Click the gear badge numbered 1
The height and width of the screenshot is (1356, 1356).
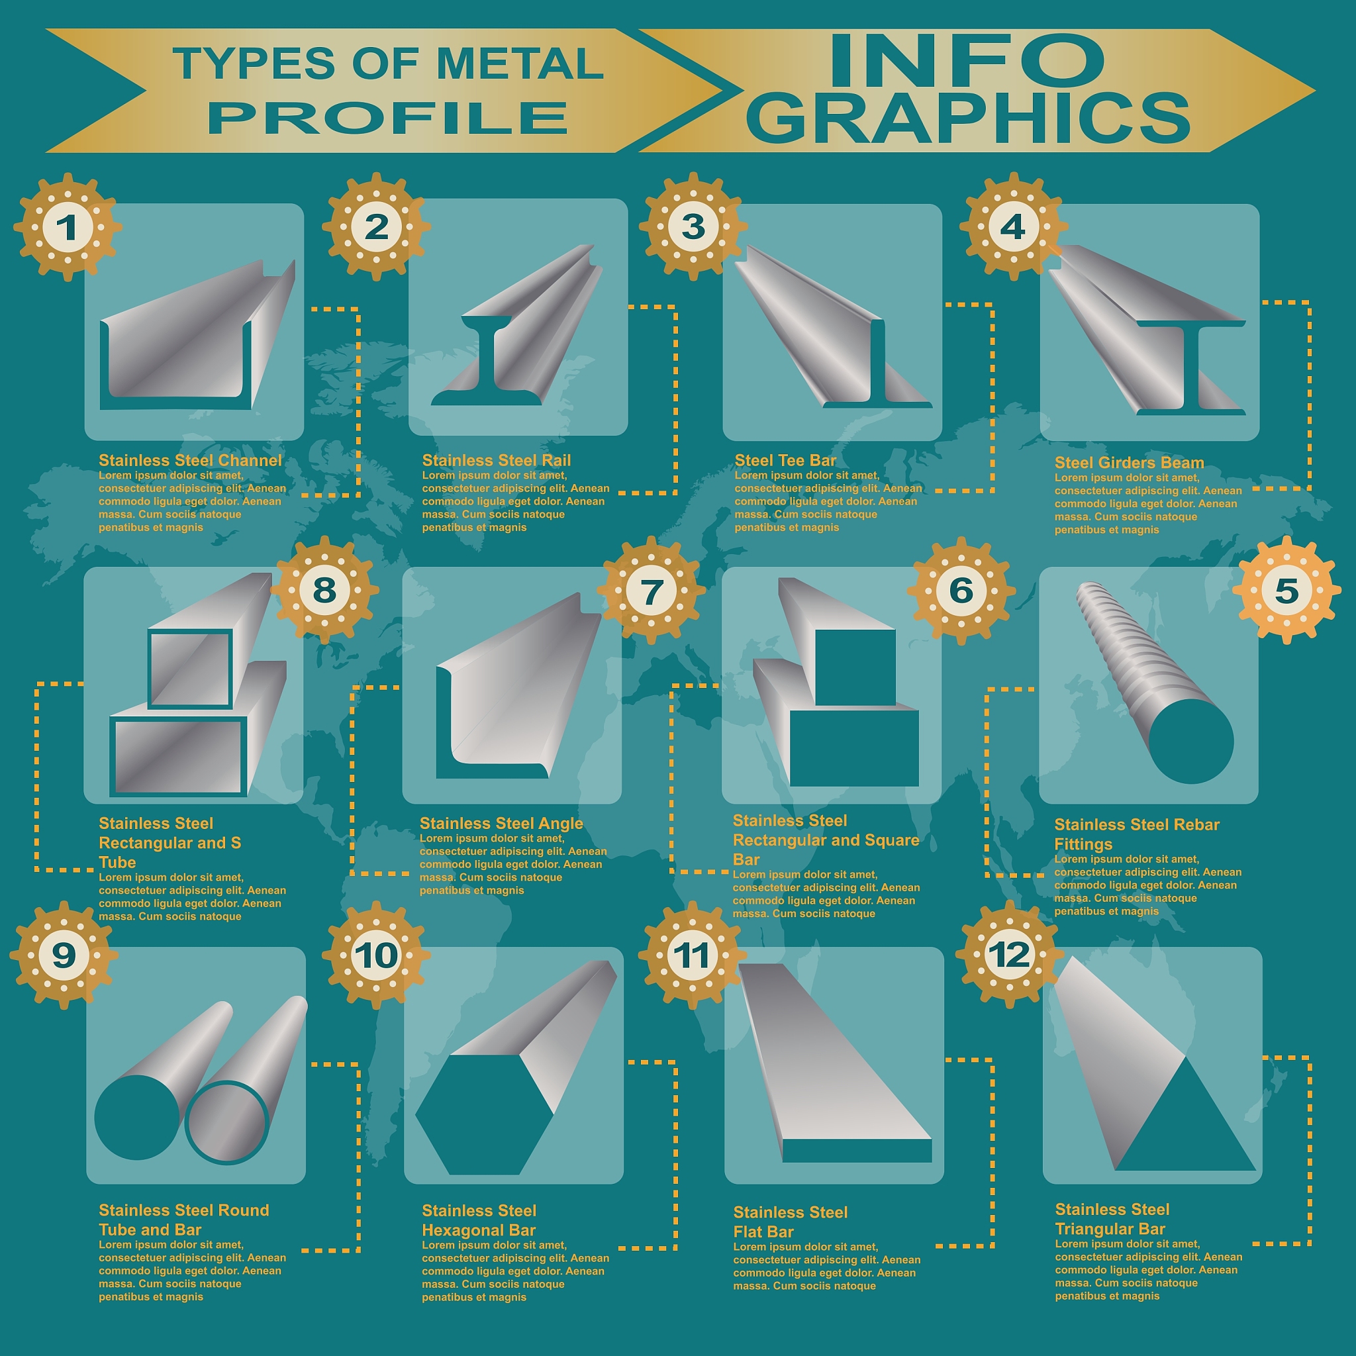click(x=68, y=226)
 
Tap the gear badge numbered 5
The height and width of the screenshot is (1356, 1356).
click(x=1286, y=589)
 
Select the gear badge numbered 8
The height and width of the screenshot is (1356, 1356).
click(x=324, y=589)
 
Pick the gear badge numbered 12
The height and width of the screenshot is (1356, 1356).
click(x=1009, y=955)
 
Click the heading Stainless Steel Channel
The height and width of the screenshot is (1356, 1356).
click(x=190, y=460)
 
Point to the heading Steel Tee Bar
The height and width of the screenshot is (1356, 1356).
click(x=785, y=460)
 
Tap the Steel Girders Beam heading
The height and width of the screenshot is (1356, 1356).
click(x=1130, y=463)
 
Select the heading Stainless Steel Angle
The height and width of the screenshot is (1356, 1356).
click(x=501, y=823)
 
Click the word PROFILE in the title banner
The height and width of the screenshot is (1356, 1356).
click(x=387, y=117)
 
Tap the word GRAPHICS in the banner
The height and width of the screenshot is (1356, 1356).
click(x=968, y=117)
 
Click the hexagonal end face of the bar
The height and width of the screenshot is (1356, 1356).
click(x=484, y=1114)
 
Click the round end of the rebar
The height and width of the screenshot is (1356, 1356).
click(x=1191, y=741)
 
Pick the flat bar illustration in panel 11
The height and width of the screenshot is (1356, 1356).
click(x=835, y=1063)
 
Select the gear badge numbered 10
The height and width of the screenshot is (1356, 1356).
click(x=376, y=955)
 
